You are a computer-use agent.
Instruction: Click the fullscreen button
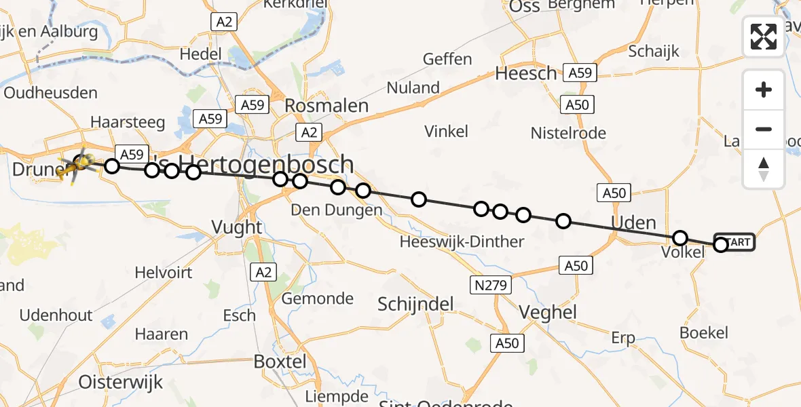[x=764, y=37]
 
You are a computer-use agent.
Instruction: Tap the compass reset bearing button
[x=764, y=169]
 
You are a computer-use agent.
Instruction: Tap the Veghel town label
[x=547, y=312]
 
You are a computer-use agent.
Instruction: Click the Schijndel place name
[x=416, y=304]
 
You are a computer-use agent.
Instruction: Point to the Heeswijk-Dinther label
[x=462, y=241]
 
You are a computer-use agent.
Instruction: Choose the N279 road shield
[x=490, y=285]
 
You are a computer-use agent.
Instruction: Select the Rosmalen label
[x=327, y=106]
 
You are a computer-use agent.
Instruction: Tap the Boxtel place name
[x=280, y=362]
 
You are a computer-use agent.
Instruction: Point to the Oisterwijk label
[x=121, y=382]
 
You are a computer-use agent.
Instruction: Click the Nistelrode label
[x=569, y=133]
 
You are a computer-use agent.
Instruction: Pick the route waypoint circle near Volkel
[x=679, y=238]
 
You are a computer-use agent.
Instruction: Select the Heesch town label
[x=526, y=74]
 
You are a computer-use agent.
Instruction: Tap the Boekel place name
[x=704, y=333]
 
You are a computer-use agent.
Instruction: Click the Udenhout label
[x=56, y=315]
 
